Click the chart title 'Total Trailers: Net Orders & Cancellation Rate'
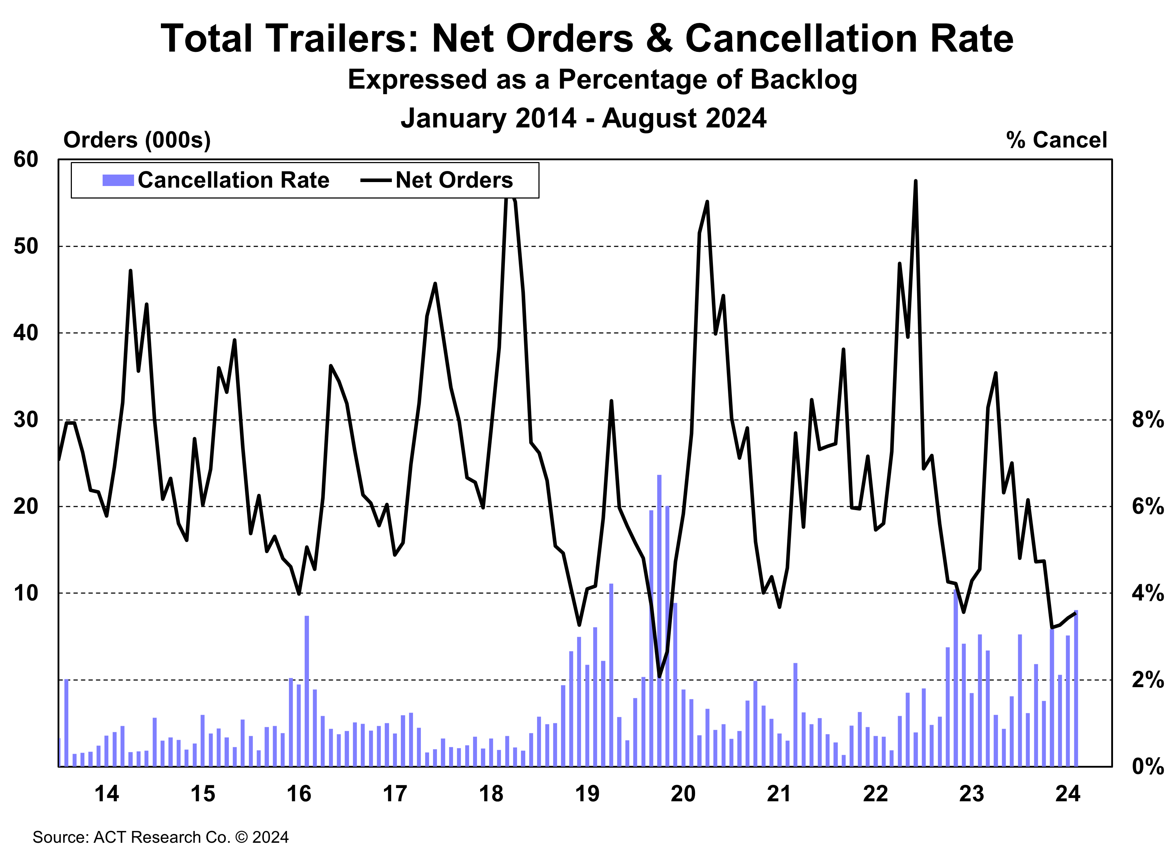click(586, 39)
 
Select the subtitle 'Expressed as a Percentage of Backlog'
click(602, 80)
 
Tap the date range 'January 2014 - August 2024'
click(583, 118)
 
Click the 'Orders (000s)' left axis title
click(137, 140)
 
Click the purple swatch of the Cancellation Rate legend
click(118, 180)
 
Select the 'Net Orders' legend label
click(454, 180)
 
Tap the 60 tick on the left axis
click(26, 160)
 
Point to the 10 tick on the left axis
click(26, 593)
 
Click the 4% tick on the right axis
click(1148, 593)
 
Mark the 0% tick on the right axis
click(1148, 766)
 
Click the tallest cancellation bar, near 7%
click(659, 620)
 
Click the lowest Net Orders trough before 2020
click(659, 676)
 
